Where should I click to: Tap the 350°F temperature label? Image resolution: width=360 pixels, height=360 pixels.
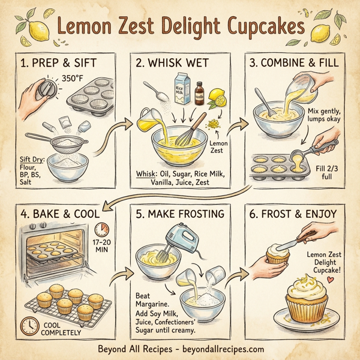coord(71,77)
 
